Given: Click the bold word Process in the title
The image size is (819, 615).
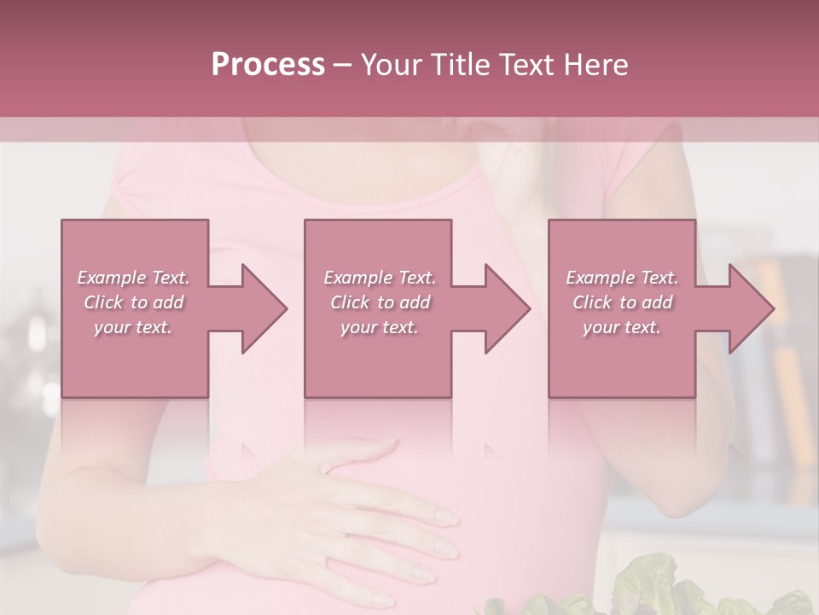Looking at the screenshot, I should click(x=268, y=65).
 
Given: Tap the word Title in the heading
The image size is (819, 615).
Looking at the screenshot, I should click(x=461, y=65).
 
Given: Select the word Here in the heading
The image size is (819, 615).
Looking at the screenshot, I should click(x=596, y=65).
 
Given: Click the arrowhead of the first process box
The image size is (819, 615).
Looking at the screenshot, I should click(x=264, y=308).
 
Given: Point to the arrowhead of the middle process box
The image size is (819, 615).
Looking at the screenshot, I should click(x=508, y=308).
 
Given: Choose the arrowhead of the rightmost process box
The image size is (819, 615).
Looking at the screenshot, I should click(x=752, y=308).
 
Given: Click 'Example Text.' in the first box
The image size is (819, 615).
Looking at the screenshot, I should click(x=133, y=278).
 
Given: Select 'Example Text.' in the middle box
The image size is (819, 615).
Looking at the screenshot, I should click(x=380, y=278).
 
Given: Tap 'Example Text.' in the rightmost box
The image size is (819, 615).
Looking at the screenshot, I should click(x=622, y=278).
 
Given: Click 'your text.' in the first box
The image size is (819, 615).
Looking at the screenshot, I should click(x=133, y=327).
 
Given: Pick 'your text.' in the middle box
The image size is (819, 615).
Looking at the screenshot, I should click(x=380, y=327).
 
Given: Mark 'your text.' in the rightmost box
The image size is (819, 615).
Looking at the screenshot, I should click(x=622, y=327).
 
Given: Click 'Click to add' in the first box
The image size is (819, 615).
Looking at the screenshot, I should click(x=133, y=302).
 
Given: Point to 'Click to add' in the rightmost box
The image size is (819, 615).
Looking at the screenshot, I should click(x=622, y=302).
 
